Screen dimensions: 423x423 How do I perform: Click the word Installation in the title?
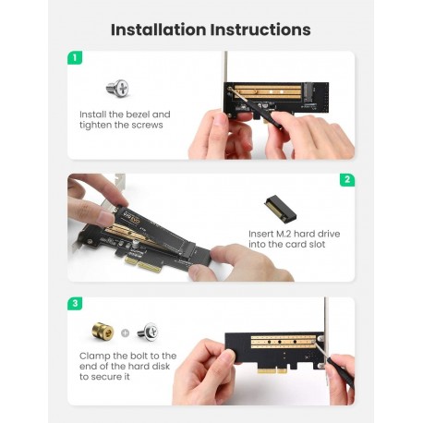pyautogui.click(x=160, y=30)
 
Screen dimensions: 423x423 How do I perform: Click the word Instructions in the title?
pyautogui.click(x=261, y=30)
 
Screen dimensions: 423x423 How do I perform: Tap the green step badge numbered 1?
pyautogui.click(x=75, y=57)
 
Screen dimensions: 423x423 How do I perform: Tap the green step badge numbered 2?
pyautogui.click(x=347, y=180)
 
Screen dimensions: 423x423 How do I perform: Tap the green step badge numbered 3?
pyautogui.click(x=75, y=303)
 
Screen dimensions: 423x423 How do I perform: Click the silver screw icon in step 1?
pyautogui.click(x=117, y=89)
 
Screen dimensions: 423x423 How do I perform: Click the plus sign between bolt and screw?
pyautogui.click(x=126, y=331)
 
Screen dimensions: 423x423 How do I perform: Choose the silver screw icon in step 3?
pyautogui.click(x=148, y=330)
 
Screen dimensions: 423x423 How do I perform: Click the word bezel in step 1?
pyautogui.click(x=139, y=115)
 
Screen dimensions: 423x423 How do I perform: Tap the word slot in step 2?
pyautogui.click(x=324, y=247)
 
